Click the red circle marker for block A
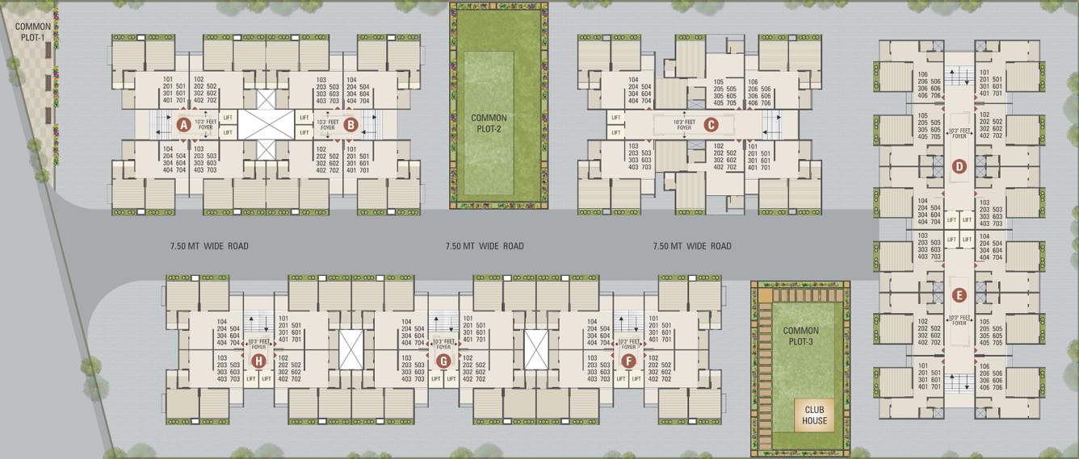(x=183, y=125)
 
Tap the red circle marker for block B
(x=350, y=125)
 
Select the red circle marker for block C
(x=711, y=124)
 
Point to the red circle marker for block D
(x=959, y=167)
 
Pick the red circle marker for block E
(x=959, y=294)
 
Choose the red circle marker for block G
(x=443, y=361)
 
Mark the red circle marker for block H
(x=258, y=361)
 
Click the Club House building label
(x=814, y=415)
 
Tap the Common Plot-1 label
(x=33, y=31)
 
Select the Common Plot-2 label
(x=489, y=123)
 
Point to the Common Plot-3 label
(x=800, y=336)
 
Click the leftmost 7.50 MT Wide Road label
(x=209, y=246)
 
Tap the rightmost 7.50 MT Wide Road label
(x=692, y=246)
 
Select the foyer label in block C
(x=685, y=125)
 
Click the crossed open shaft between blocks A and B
(x=267, y=125)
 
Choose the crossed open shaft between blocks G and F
(x=536, y=349)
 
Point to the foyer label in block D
(x=959, y=133)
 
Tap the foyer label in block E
(x=959, y=320)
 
